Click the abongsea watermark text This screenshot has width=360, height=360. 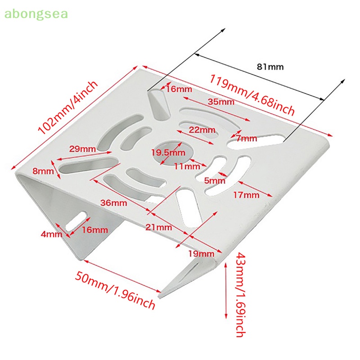36,14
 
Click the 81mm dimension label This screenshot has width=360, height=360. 270,67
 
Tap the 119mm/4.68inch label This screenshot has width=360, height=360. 252,95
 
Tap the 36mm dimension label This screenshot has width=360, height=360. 113,202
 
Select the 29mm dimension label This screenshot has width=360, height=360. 82,148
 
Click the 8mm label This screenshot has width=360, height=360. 43,171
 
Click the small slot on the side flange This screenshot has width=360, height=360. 77,220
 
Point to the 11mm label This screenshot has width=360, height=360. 187,166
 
